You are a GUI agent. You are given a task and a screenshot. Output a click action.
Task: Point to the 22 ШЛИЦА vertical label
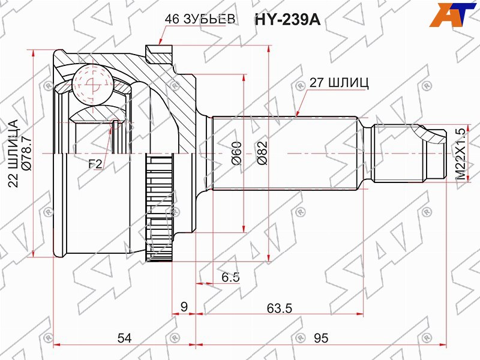tap(14, 154)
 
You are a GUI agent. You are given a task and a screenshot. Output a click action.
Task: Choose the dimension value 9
tap(184, 307)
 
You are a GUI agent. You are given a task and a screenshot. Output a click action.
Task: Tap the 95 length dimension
tap(321, 338)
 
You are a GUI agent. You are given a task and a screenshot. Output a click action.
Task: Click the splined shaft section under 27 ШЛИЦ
tap(288, 152)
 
